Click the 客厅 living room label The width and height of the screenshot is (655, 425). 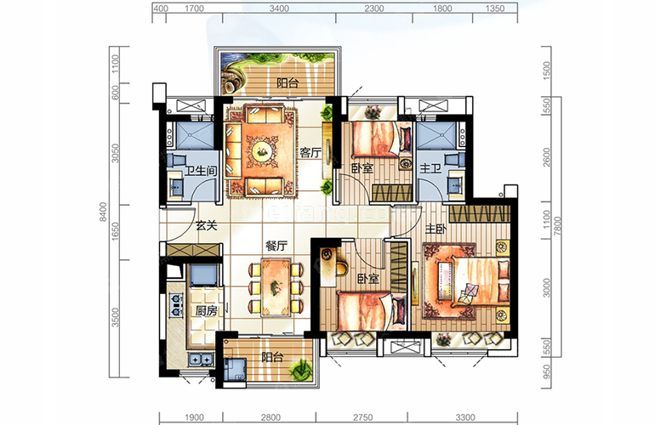pos(310,153)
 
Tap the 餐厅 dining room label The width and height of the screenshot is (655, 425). pos(276,246)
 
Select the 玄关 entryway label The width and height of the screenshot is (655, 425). pos(207,226)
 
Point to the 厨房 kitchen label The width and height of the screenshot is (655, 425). pos(207,310)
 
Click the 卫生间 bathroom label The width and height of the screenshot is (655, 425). pos(201,170)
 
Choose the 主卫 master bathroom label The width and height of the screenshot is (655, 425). pos(430,168)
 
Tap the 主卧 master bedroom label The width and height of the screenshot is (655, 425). pos(436,229)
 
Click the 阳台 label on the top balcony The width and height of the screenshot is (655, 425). pos(288,82)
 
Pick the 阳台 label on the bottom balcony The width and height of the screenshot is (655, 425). pos(272,357)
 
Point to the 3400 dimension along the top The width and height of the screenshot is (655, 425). pos(279,8)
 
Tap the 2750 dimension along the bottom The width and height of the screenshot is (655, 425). pos(362,417)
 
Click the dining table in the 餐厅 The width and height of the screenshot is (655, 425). pos(276,287)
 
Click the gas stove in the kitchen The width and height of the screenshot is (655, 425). pos(176,305)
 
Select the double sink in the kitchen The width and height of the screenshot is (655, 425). pos(201,358)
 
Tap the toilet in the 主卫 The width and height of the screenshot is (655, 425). pos(456,159)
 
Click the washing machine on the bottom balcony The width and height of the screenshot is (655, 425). pos(234,370)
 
